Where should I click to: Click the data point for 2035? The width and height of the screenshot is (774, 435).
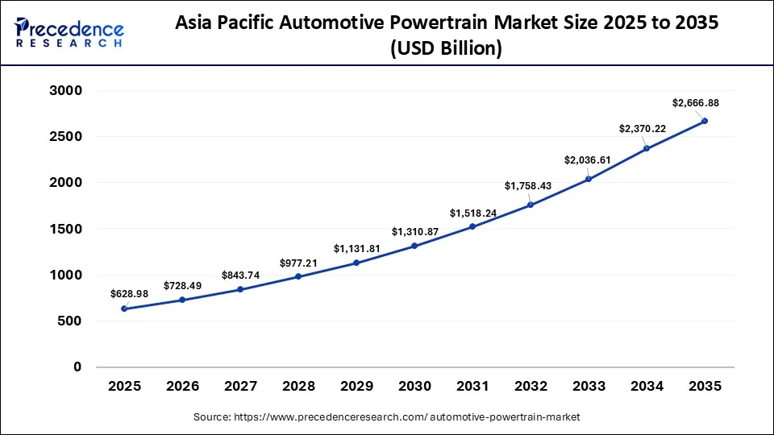coord(705,121)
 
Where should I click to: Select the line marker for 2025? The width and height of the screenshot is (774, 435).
coord(124,309)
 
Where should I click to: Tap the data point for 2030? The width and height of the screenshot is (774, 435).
coord(414,246)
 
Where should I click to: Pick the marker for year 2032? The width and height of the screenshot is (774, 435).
coord(531,205)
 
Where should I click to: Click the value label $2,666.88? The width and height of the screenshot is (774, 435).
coord(695,102)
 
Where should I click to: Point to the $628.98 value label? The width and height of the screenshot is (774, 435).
coord(129,293)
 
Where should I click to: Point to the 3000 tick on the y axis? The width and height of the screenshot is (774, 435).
coord(67,91)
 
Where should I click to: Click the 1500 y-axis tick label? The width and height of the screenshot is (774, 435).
coord(67,230)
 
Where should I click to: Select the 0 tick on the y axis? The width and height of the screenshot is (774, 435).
coord(77,367)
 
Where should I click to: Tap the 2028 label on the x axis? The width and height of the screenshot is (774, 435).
coord(298,387)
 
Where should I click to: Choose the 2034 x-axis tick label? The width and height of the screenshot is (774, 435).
coord(647,387)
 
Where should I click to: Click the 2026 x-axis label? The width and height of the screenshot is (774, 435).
coord(182,387)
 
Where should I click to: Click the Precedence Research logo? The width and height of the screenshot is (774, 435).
coord(69,33)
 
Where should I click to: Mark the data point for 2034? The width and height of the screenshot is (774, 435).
coord(647,148)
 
